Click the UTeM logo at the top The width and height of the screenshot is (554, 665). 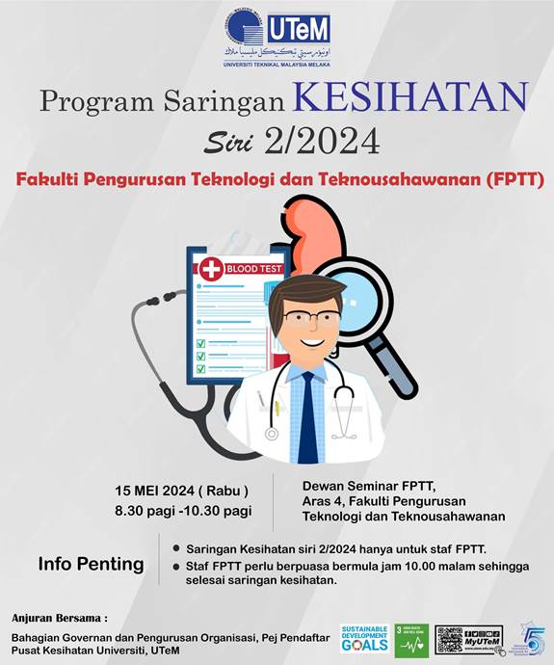[x=277, y=37]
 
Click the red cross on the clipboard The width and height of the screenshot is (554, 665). [x=211, y=268]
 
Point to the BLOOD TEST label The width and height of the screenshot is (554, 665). [x=253, y=268]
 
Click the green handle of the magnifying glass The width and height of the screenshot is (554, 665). [x=401, y=376]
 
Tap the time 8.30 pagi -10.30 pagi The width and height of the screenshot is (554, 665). [x=182, y=511]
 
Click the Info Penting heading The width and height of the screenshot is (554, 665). [x=91, y=564]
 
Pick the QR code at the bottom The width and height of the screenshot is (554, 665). [x=456, y=638]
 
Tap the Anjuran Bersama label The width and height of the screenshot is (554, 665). [x=60, y=617]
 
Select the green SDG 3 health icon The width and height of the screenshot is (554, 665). [x=410, y=638]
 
